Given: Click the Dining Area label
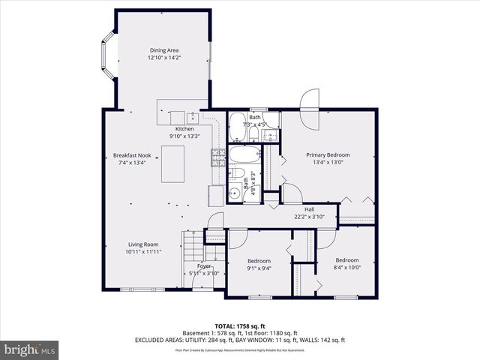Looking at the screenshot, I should click(x=164, y=50).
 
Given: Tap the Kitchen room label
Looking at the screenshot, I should click(x=184, y=129).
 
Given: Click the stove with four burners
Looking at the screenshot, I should click(x=217, y=157).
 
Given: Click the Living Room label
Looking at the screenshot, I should click(x=142, y=244).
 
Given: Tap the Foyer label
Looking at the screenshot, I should click(x=204, y=266).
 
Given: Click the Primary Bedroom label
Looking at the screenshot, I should click(x=328, y=155).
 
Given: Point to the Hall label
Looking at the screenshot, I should click(x=308, y=209).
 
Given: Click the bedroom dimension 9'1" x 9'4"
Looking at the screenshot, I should click(x=258, y=268).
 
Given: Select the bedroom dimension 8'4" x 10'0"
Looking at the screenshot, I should click(x=347, y=267).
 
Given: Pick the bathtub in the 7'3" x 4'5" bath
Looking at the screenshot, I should click(x=237, y=128).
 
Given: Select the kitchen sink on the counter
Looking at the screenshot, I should click(x=193, y=117).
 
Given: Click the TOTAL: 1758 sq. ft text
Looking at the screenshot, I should click(x=239, y=326).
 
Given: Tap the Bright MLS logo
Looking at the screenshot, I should click(x=30, y=349).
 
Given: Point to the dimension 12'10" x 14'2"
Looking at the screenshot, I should click(x=164, y=58).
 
